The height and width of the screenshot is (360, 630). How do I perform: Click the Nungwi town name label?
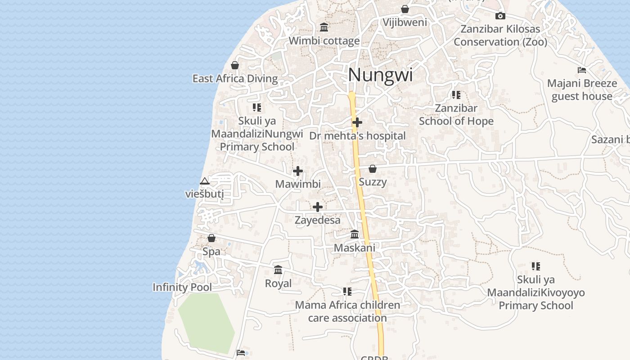coord(380,75)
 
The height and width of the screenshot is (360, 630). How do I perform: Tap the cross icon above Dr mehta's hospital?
coord(357,122)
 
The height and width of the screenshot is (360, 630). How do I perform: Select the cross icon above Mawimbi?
coord(297,171)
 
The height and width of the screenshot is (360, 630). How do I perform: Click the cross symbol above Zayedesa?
coord(318,207)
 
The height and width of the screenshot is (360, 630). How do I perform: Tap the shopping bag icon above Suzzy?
coord(373,169)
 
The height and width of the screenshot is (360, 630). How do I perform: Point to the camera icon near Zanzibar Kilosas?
coord(500,16)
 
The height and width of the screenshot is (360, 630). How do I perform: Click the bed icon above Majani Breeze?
coord(582,70)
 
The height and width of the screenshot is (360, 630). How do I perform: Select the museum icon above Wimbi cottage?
coord(324,27)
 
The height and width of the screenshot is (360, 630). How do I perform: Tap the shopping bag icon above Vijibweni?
coord(405,9)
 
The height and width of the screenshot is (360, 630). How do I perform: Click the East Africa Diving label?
coord(235,79)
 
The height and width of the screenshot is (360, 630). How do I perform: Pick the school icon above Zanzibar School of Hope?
coord(456,95)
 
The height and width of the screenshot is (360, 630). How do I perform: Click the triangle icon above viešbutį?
coord(205,181)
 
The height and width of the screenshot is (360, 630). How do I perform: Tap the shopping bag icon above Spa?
coord(211,238)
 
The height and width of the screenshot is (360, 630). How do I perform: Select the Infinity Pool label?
coord(182,287)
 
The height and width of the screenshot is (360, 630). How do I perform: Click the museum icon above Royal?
coord(278,270)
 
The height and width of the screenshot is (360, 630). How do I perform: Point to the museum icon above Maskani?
coord(355,234)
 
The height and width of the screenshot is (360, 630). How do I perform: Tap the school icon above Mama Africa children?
coord(347,292)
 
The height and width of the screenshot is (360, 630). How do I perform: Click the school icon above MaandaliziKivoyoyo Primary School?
coord(535,266)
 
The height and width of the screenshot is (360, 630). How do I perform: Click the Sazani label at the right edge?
coord(610,139)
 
